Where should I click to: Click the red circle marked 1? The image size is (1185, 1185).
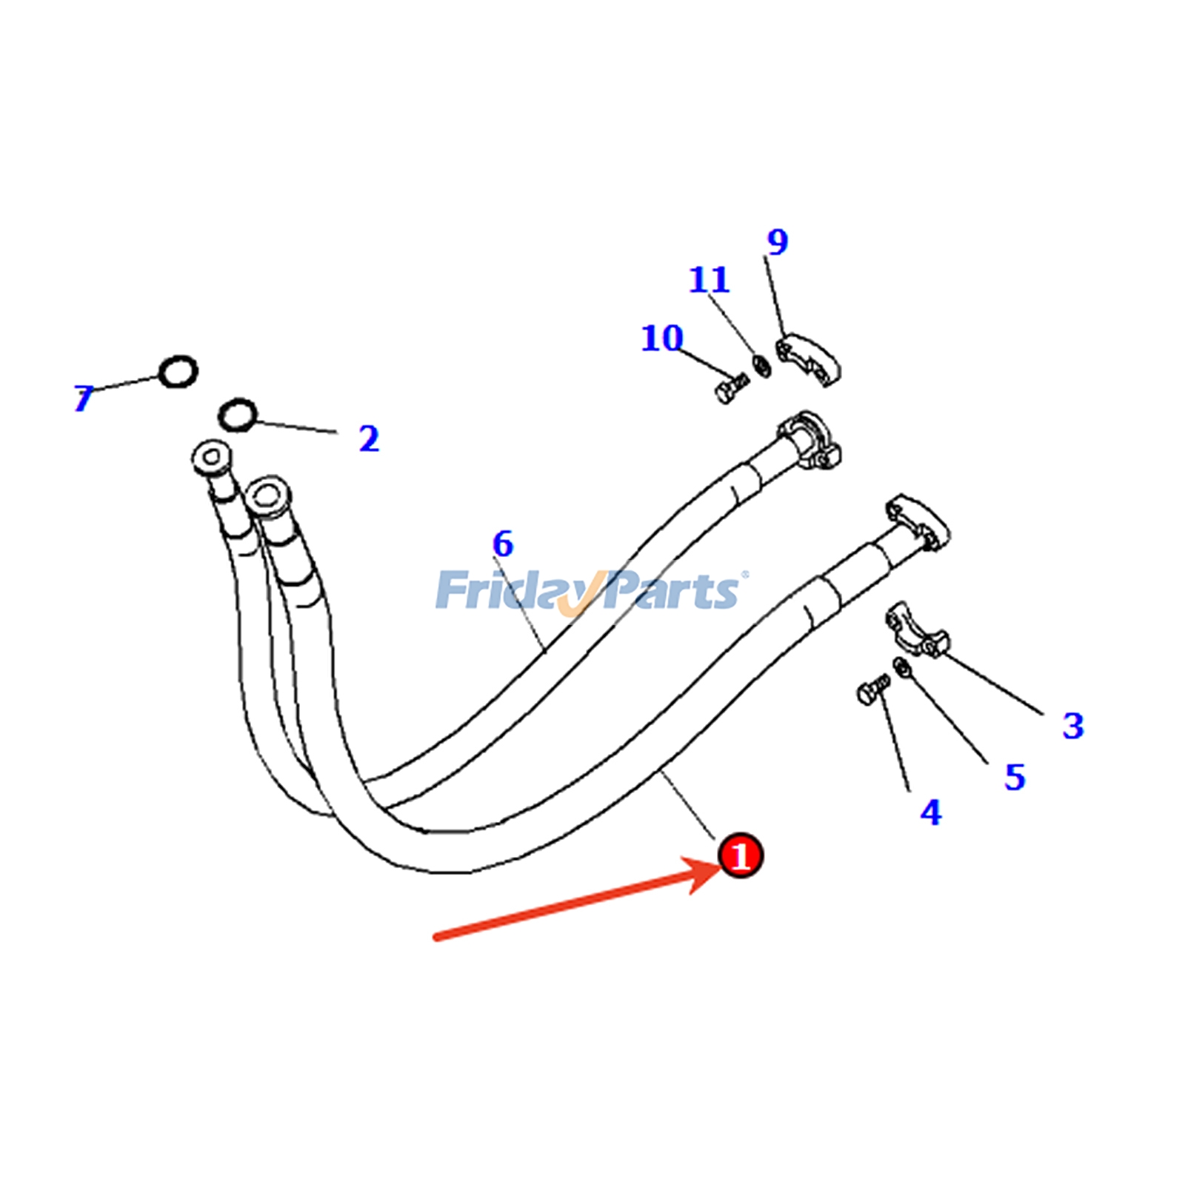pos(740,856)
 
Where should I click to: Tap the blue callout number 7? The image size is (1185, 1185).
pos(84,398)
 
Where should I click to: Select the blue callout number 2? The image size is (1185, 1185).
pos(369,438)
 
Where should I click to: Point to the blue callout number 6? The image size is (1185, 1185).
pos(503,544)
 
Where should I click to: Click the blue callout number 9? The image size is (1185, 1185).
pos(778,241)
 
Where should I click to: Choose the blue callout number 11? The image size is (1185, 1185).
pos(710,279)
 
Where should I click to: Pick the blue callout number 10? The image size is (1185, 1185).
pos(661,338)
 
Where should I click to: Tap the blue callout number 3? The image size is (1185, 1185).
pos(1073,726)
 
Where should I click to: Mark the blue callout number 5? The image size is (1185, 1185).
pos(1015,777)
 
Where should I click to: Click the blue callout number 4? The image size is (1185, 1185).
pos(931,812)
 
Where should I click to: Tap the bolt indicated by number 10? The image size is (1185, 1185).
pos(732,388)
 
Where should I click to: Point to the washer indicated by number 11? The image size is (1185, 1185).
pos(761,364)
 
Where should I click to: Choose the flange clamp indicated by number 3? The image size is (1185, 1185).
pos(916,630)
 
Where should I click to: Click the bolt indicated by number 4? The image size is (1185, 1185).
pos(873,690)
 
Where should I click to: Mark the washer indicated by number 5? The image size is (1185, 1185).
pos(902,667)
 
